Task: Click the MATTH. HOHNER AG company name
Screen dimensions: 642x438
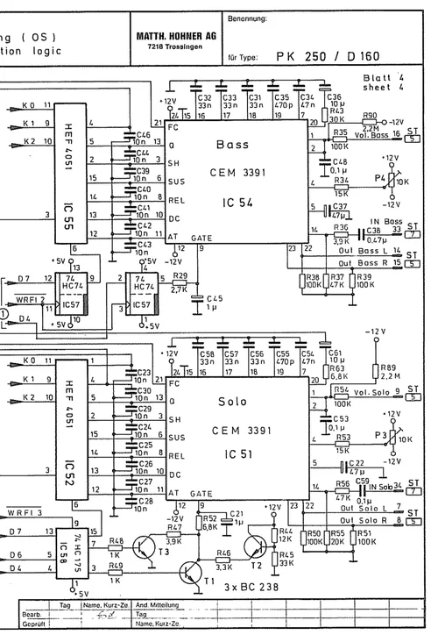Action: [x=174, y=35]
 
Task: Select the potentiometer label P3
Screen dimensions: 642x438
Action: [x=380, y=434]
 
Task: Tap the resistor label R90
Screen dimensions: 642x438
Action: [x=371, y=115]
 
